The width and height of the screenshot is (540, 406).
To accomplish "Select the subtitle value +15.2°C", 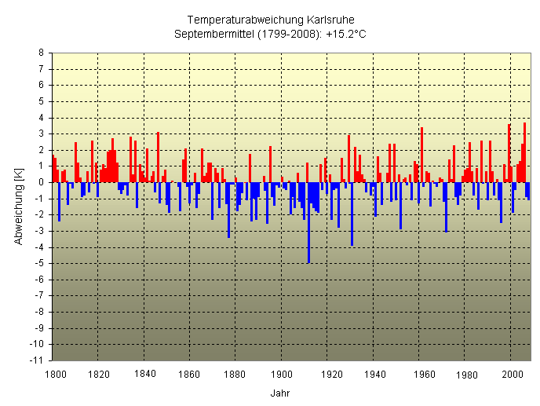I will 346,34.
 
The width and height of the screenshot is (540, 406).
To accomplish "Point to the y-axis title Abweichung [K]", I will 18,207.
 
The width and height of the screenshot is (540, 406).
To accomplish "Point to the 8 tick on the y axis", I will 40,53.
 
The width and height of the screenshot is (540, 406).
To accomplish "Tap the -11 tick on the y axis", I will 36,360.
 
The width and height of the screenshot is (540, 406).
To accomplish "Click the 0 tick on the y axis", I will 40,182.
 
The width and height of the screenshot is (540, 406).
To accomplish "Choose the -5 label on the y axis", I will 38,263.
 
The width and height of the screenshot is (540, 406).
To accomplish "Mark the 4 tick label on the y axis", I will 40,118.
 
